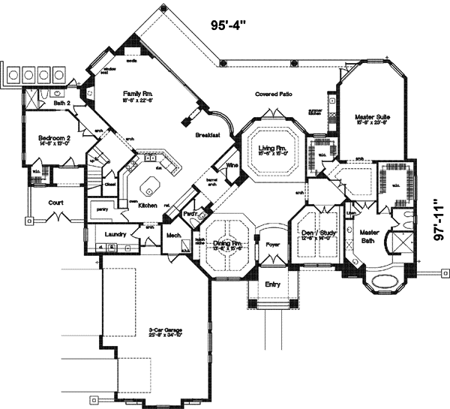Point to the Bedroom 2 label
click(x=54, y=138)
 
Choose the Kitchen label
click(x=148, y=204)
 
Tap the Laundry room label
click(x=115, y=234)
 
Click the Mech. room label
click(x=174, y=235)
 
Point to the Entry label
click(x=271, y=284)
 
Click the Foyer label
click(x=271, y=243)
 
